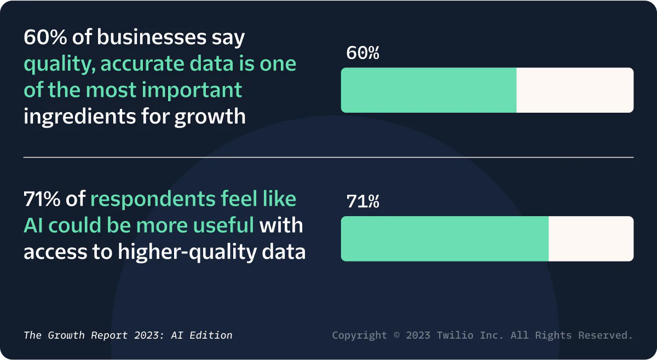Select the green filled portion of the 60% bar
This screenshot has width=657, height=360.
tap(428, 90)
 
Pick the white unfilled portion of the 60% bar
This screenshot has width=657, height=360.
tap(575, 90)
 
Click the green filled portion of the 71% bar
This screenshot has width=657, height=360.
tap(445, 239)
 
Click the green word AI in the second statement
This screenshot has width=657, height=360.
tap(33, 225)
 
